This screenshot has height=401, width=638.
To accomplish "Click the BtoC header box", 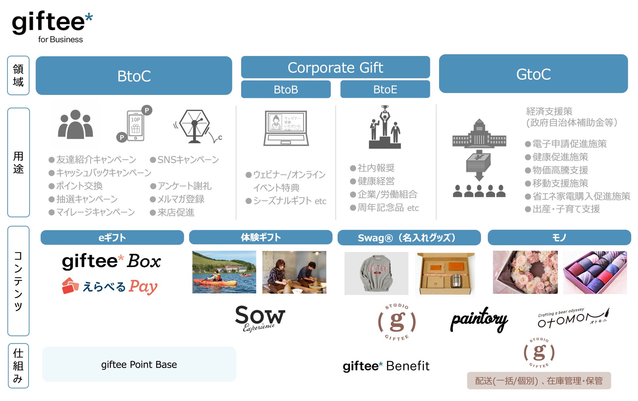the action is pos(134,76).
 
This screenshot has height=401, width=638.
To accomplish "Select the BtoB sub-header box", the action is pos(286,89).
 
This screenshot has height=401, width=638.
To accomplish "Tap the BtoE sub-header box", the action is pos(385,89).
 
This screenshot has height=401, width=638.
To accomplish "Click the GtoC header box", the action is pos(533,74).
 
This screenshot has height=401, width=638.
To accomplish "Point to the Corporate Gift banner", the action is pos(335,67).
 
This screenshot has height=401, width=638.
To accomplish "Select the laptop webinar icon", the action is pos(286,128).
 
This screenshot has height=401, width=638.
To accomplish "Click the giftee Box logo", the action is pos(111,262).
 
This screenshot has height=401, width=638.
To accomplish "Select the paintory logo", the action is pos(479,319).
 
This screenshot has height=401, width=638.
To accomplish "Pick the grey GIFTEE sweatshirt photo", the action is pos(376,273).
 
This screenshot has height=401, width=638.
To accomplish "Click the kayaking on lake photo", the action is pos(224,272).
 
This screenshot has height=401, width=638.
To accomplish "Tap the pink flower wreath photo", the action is pos(525,272).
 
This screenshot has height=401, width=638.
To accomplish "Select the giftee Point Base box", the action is pos(139,364).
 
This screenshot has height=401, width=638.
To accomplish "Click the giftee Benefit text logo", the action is pos(386,366).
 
